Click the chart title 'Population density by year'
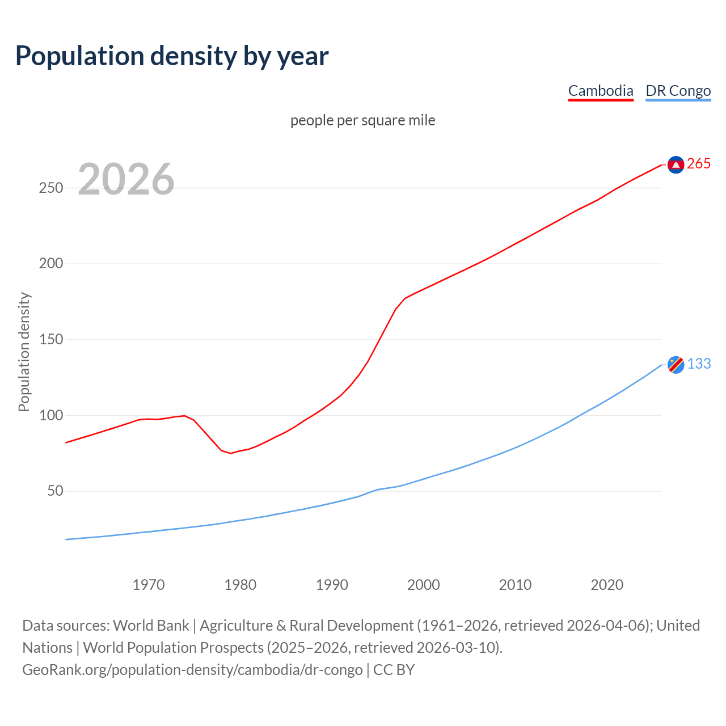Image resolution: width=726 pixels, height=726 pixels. [x=172, y=56]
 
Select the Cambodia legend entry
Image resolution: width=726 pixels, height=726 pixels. [x=601, y=91]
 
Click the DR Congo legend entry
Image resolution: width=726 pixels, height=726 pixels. [x=678, y=91]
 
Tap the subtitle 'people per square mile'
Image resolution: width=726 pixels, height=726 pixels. [x=362, y=120]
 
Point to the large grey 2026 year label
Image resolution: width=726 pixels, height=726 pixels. [x=126, y=179]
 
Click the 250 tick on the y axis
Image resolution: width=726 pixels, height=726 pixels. [x=51, y=188]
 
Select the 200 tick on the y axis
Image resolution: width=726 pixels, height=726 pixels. [x=51, y=264]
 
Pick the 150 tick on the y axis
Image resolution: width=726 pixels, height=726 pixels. [x=51, y=340]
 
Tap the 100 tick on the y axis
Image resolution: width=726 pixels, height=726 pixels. [x=51, y=415]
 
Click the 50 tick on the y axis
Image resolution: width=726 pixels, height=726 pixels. [x=55, y=491]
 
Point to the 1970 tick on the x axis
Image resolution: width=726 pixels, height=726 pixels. [x=149, y=585]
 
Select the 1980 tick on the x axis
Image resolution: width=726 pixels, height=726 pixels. [x=240, y=585]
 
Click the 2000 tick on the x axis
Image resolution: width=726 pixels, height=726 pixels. [x=423, y=585]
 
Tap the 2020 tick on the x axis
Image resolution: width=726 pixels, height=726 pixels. [x=607, y=585]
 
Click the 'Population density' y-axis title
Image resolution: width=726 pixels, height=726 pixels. [x=24, y=352]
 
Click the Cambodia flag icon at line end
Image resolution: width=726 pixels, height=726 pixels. [x=676, y=164]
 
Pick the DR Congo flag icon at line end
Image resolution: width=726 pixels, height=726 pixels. [x=676, y=365]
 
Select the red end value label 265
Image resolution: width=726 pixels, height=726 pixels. [x=699, y=164]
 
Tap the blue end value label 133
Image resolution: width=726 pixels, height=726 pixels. [x=699, y=364]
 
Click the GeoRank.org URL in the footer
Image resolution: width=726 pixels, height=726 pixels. [x=192, y=670]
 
